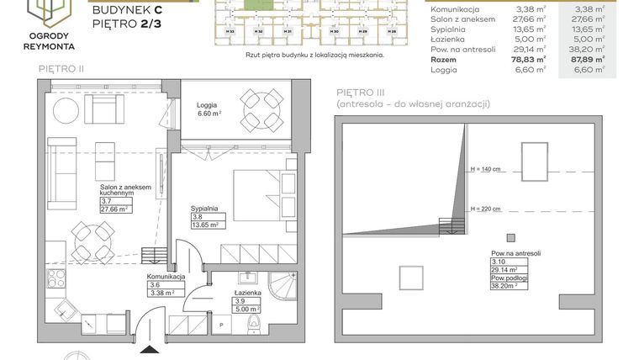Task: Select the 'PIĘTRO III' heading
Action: click(x=360, y=92)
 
